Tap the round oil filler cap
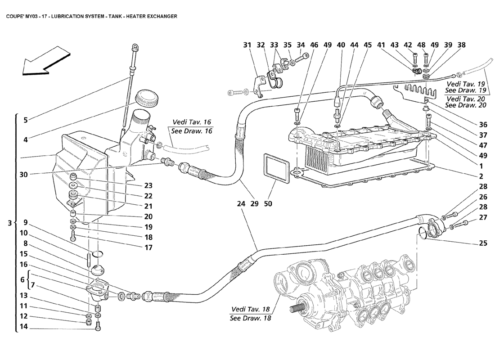coord(147,96)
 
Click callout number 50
coord(268,204)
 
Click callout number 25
coord(483,243)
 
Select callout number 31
coord(247,45)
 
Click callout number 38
coord(461,45)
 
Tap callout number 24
coord(241,204)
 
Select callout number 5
coord(26,120)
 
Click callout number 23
coord(148,185)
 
